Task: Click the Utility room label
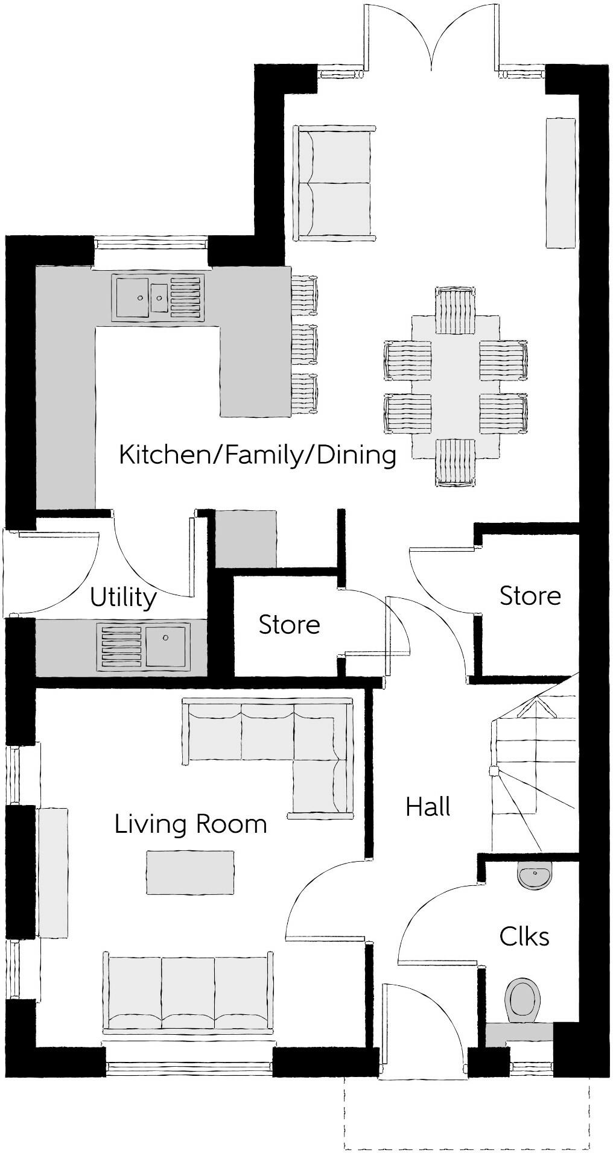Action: (123, 598)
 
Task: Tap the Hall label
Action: (428, 807)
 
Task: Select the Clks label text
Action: (524, 937)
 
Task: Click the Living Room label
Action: (191, 824)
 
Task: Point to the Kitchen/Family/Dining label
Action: (258, 455)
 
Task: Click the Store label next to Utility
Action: (289, 625)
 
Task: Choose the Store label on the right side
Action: (530, 596)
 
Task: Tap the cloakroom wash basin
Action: (534, 876)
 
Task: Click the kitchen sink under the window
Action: (157, 297)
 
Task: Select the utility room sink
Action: (144, 647)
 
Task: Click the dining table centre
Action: (456, 387)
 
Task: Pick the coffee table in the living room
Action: (190, 873)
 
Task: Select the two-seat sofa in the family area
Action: (334, 183)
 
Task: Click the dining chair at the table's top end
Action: (456, 311)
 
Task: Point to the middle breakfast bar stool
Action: (304, 344)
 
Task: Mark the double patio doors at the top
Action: (431, 36)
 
